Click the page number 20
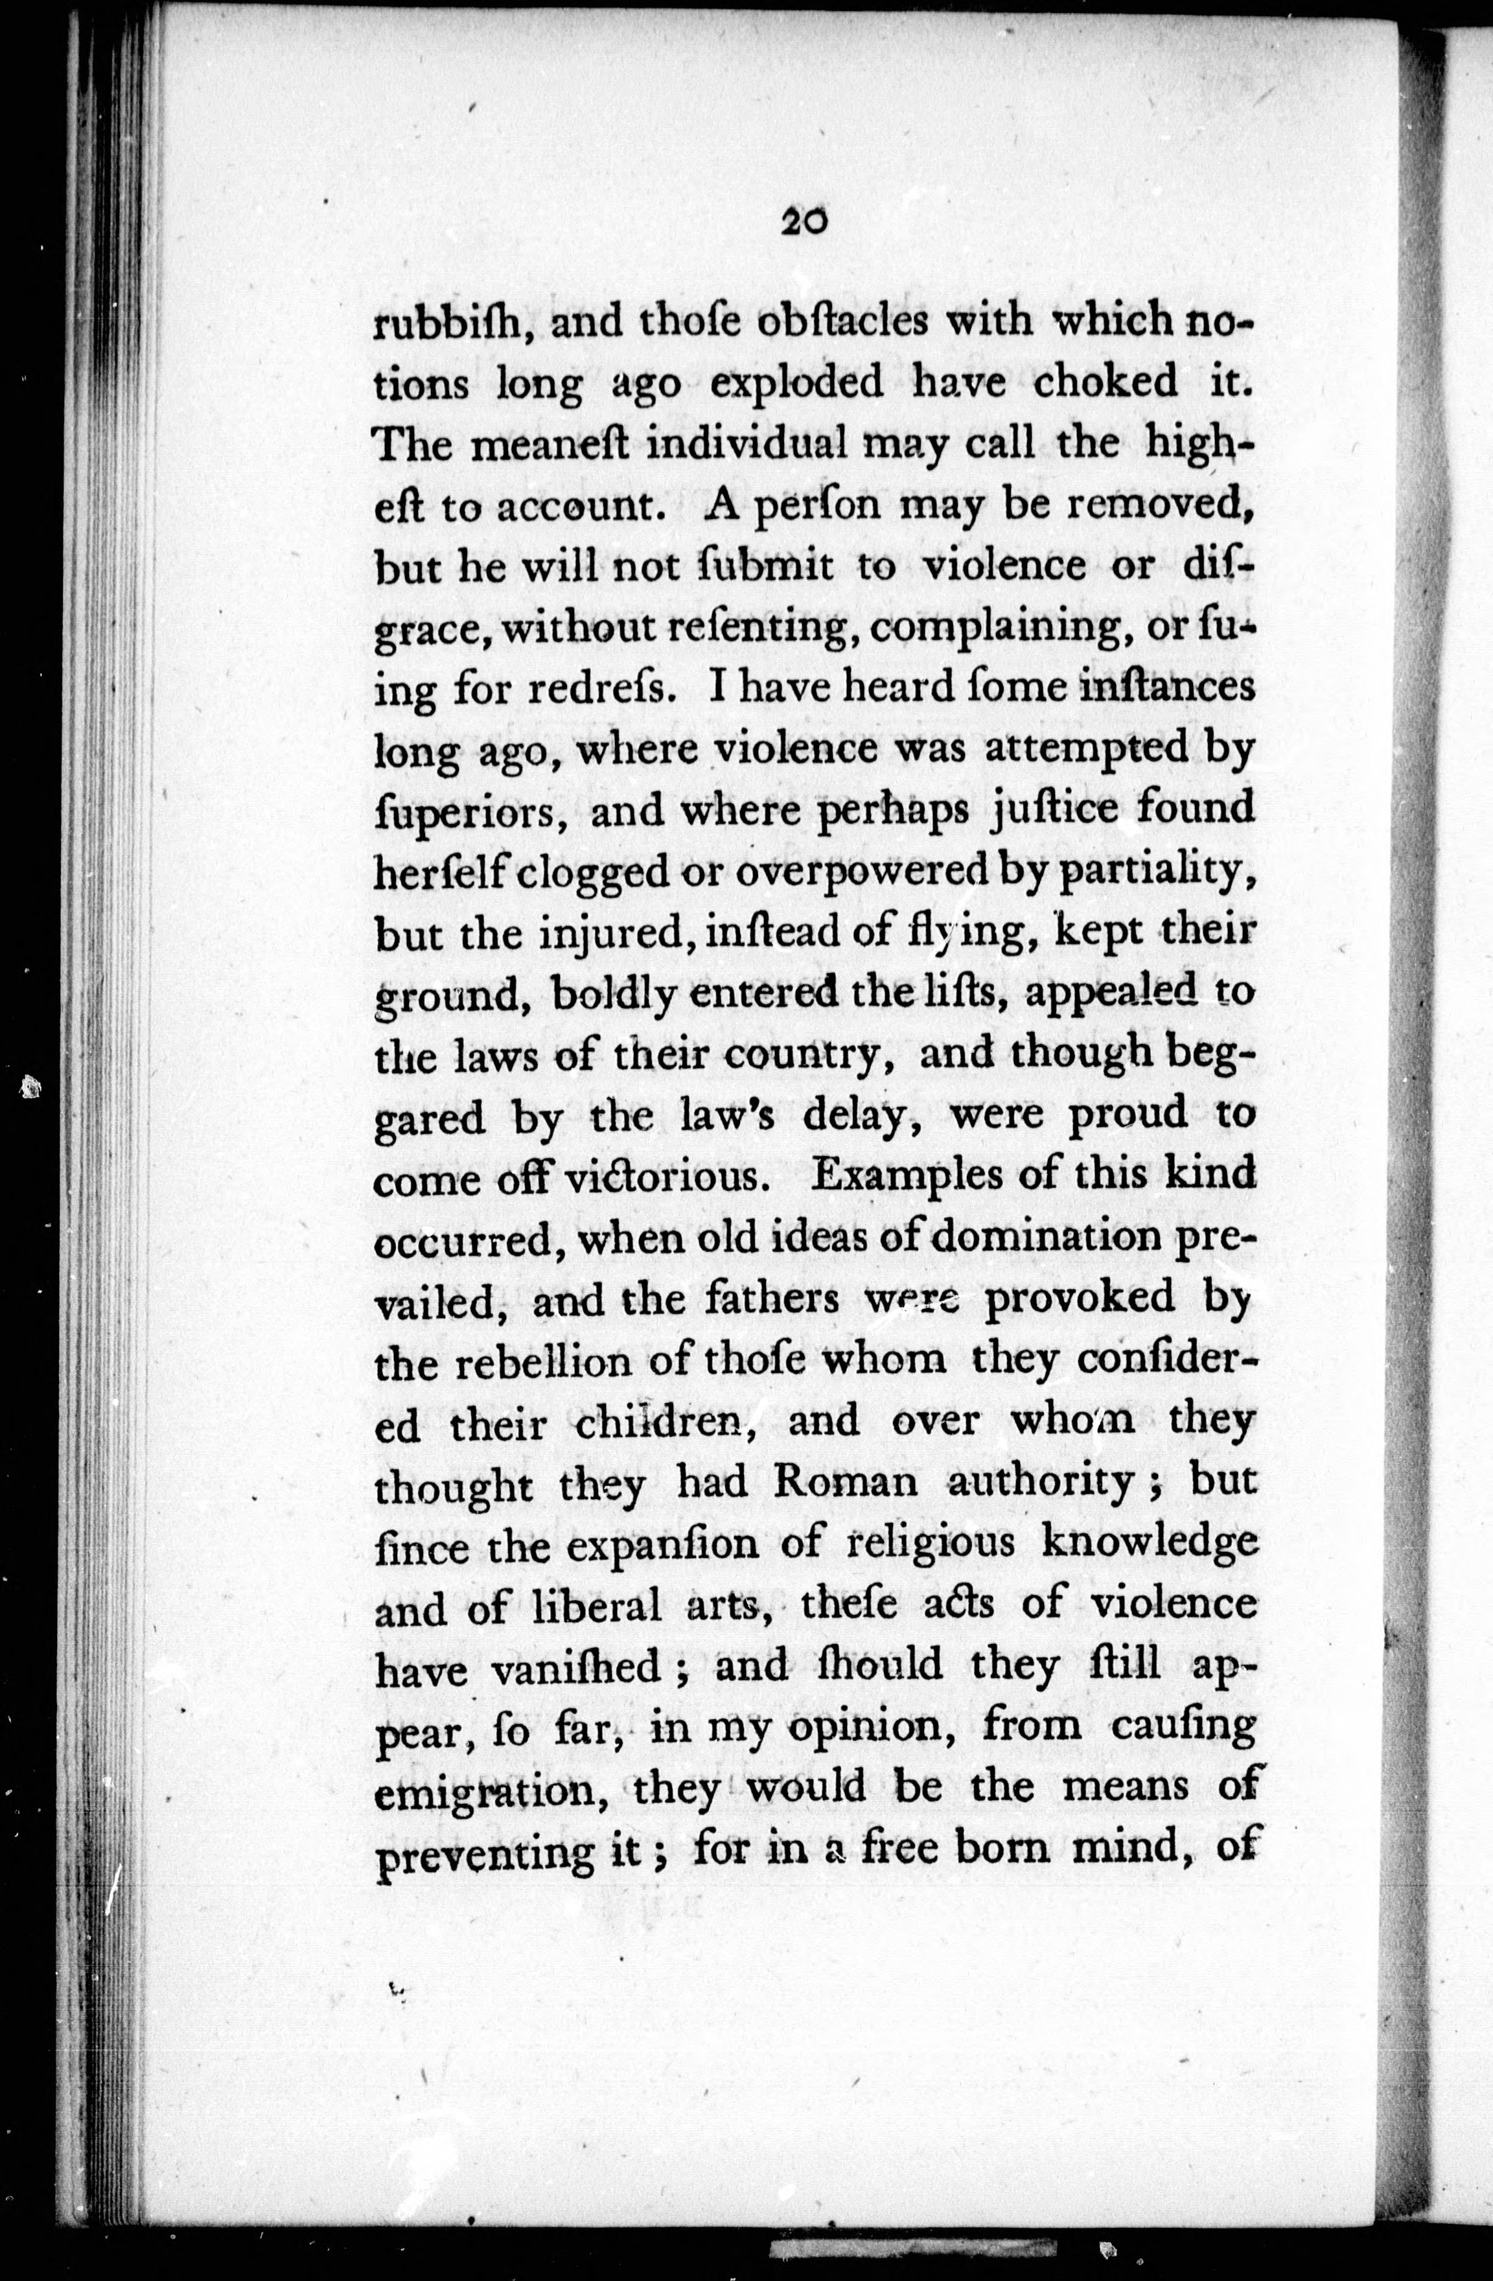click(x=803, y=222)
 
